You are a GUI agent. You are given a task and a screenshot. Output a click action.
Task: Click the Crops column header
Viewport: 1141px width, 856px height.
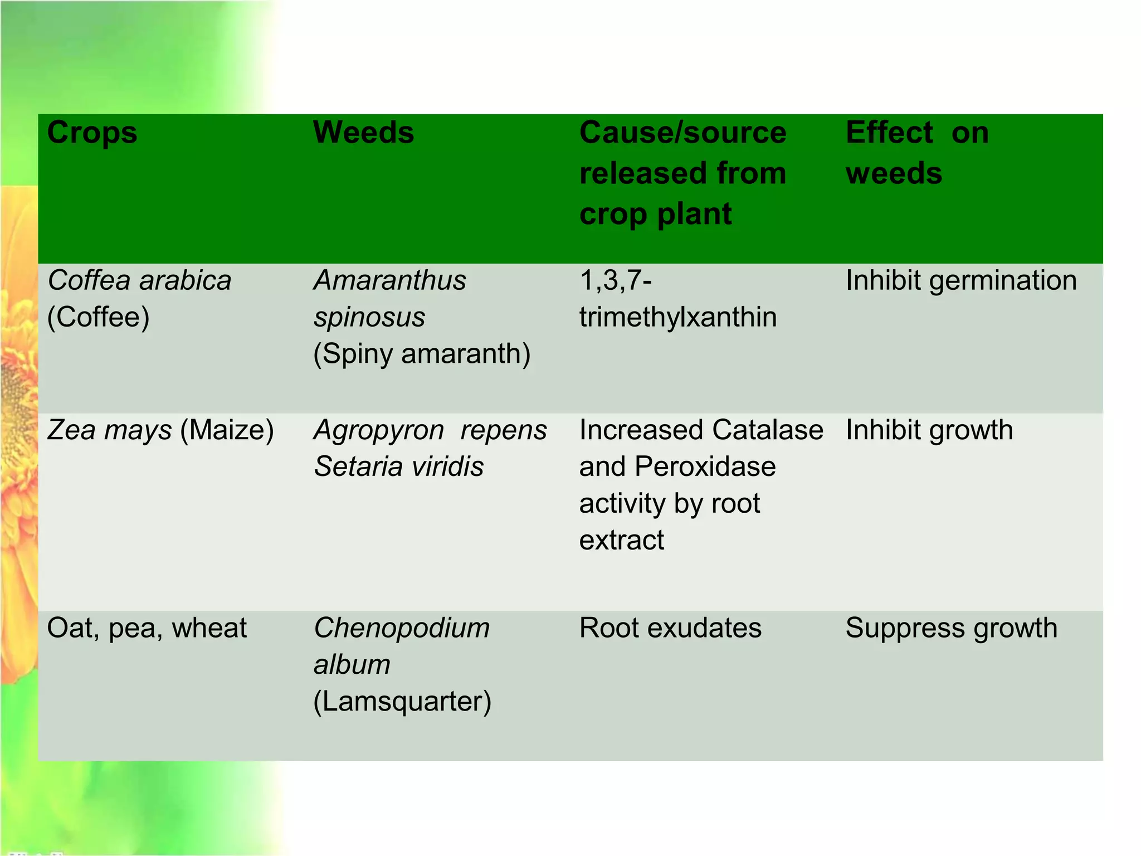point(92,134)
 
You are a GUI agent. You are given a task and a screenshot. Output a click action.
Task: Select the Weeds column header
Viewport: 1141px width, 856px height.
point(363,133)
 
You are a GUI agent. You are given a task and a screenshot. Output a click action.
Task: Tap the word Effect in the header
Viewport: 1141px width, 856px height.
point(889,133)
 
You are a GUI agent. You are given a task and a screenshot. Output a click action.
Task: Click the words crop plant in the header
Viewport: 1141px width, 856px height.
point(655,215)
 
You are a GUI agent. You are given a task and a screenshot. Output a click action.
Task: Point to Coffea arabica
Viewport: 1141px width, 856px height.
point(139,280)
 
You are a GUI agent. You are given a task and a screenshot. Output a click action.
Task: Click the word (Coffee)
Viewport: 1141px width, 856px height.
point(99,317)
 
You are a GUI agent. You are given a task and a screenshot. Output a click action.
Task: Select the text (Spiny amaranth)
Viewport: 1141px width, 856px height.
point(422,354)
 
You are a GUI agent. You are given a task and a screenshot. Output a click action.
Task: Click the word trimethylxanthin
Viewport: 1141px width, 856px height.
point(677,317)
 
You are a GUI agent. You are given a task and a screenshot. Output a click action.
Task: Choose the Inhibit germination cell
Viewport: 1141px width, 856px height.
point(961,280)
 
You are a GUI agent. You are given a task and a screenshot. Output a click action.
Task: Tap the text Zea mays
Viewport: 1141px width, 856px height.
point(110,430)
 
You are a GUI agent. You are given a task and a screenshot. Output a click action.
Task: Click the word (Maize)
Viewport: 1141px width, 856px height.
point(227,430)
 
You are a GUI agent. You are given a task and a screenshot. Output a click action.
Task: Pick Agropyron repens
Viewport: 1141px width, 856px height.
point(430,430)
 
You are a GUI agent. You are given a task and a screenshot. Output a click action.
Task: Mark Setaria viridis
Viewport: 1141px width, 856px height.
point(399,466)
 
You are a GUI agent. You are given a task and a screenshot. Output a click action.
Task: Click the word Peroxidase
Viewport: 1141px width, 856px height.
point(705,466)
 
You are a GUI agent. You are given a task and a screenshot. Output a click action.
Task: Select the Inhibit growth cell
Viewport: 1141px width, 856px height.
point(929,430)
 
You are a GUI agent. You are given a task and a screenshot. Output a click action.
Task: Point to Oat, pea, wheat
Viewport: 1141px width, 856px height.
point(147,628)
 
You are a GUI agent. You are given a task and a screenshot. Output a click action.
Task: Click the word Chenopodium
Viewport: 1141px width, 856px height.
point(402,628)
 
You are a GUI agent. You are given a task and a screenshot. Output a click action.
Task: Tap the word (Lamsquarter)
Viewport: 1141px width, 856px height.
point(402,701)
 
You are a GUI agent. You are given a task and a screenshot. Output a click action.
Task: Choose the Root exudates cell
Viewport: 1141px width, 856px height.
point(670,628)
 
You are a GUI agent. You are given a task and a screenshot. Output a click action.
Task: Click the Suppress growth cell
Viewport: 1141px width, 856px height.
point(952,628)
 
